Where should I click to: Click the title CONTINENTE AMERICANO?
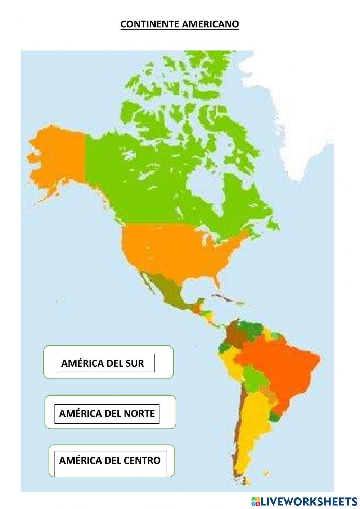point(180,24)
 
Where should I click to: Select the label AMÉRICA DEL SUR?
point(103,363)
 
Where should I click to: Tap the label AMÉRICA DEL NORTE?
point(107,413)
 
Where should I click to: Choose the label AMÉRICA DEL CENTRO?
point(110,460)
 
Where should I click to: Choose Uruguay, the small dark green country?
point(275,417)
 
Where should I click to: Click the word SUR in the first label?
point(135,363)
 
